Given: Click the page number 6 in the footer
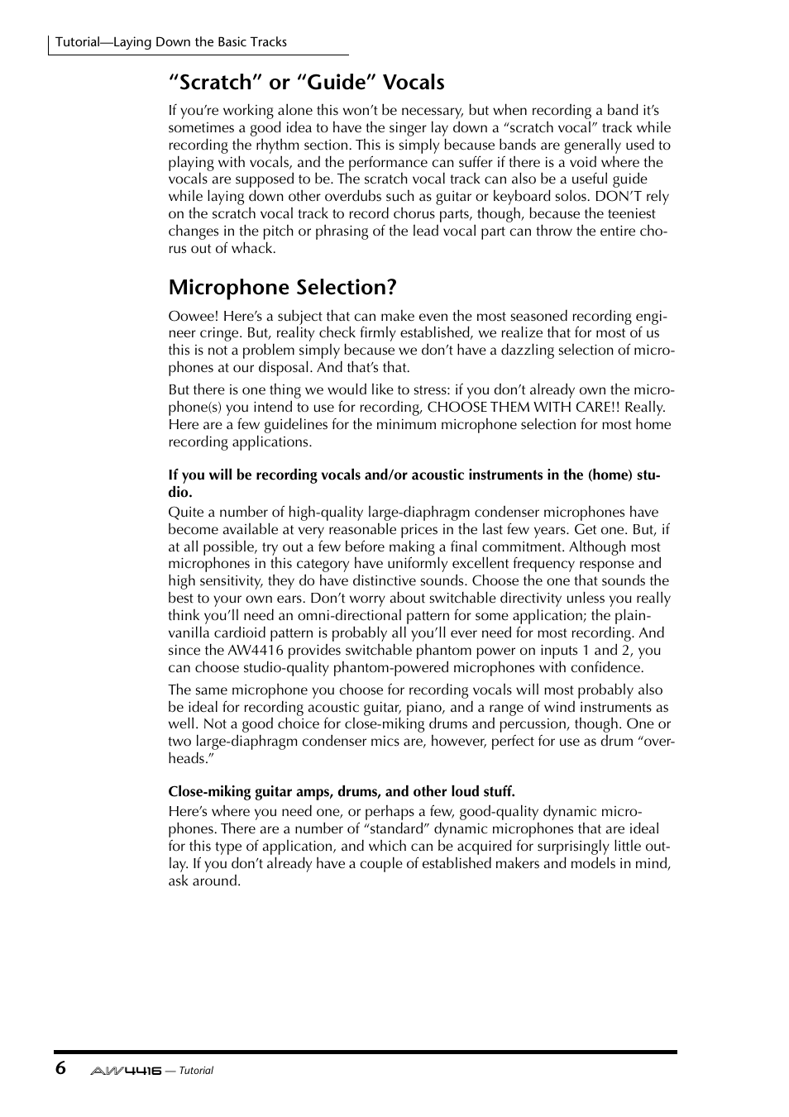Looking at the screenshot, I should pos(60,1067).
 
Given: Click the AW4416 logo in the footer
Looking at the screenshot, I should pos(126,1070).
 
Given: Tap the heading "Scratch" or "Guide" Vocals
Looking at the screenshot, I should pos(306,82).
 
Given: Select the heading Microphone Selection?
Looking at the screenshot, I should pos(282,287).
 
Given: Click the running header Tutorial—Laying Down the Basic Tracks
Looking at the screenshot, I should pos(171,42).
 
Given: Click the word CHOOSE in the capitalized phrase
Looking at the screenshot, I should pos(457,408).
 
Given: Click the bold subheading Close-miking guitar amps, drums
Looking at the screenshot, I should pos(341,791).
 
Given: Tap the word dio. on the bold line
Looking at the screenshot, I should pos(179,492).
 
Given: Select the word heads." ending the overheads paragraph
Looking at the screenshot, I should pos(191,759).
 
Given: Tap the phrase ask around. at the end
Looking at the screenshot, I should pos(204,881).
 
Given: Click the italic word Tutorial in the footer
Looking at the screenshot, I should pos(196,1071).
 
